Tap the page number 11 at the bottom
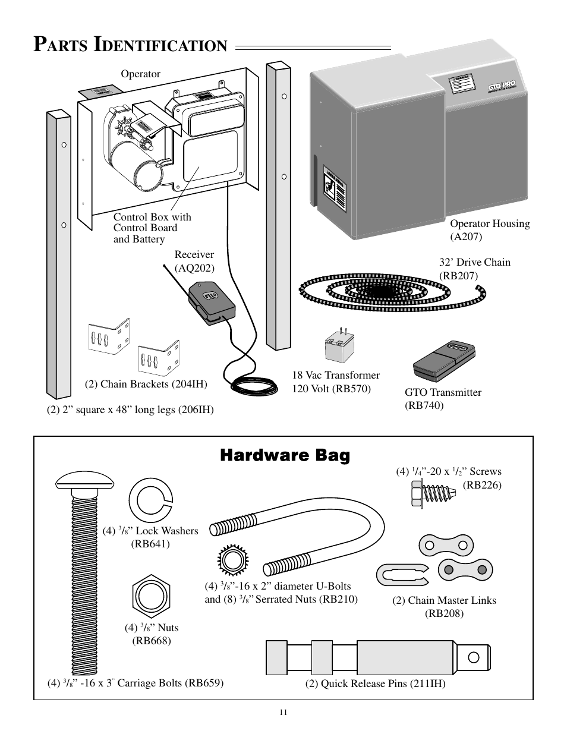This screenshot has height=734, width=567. coord(283,713)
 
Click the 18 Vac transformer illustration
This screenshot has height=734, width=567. coord(339,346)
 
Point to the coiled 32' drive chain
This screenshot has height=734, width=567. coord(380,289)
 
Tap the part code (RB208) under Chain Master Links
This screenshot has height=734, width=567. coord(444,613)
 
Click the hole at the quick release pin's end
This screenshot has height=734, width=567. coord(474,657)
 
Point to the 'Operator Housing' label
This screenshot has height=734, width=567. coord(489,223)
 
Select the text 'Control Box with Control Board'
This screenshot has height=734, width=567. coord(152,222)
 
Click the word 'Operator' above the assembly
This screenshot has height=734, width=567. coord(141,74)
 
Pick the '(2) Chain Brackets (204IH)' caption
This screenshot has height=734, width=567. coord(146,384)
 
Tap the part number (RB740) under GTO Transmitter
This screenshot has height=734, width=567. coord(424,405)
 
